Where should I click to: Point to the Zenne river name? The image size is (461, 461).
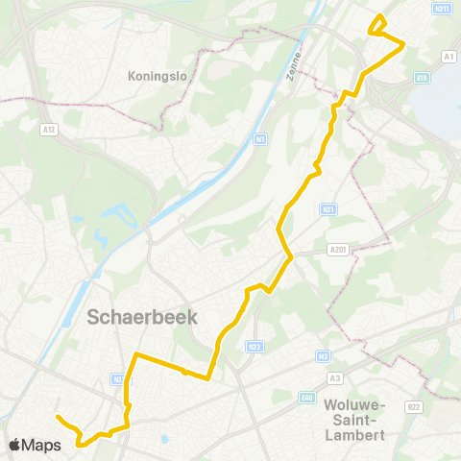[295, 68]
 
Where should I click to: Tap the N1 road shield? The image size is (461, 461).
[259, 140]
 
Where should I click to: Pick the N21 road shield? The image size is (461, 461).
[328, 208]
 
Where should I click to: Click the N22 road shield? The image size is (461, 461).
[254, 346]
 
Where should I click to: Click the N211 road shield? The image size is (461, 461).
[442, 9]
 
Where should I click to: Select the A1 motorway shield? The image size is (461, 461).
[449, 58]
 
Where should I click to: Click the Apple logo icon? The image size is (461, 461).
[16, 445]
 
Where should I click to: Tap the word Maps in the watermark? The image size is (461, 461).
[42, 445]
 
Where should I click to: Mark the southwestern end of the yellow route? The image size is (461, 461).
[58, 417]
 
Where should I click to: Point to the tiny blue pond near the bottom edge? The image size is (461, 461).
[164, 441]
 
